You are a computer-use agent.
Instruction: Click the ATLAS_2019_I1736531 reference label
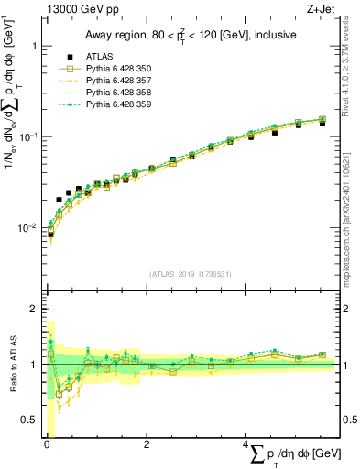tap(191, 273)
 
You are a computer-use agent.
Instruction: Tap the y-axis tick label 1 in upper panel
tap(34, 46)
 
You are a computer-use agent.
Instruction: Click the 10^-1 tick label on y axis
tap(29, 136)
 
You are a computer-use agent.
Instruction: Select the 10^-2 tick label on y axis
tap(29, 227)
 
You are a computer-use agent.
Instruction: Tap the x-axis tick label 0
tap(46, 444)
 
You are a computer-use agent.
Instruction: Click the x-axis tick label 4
tap(245, 444)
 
